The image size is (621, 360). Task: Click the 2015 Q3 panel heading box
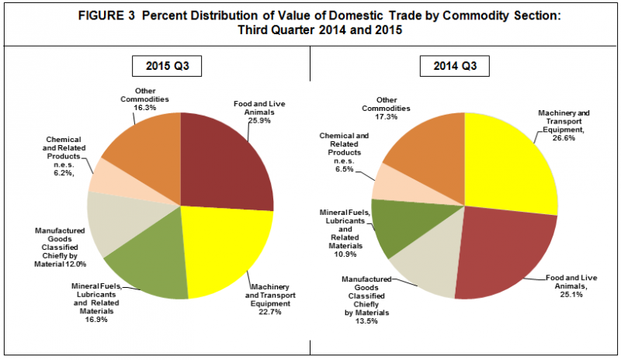click(168, 67)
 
